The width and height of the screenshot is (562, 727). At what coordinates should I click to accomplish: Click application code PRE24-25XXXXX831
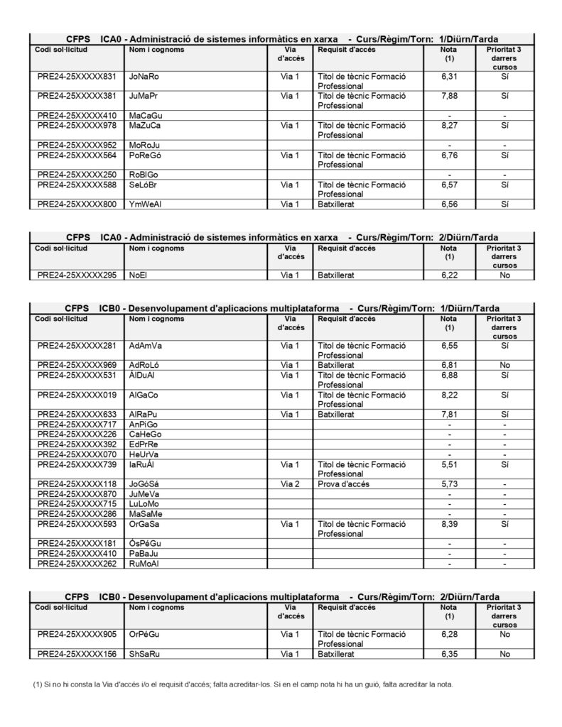point(76,76)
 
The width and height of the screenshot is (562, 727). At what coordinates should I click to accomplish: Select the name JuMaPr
point(144,95)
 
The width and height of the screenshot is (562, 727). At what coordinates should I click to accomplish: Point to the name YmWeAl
point(145,204)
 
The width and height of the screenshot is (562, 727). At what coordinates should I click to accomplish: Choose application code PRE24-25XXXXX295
point(76,274)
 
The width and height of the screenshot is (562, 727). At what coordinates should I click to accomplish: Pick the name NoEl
point(139,274)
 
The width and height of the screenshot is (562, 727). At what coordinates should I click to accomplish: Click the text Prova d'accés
point(342,483)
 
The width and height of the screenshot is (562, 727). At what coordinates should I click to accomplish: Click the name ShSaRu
point(144,654)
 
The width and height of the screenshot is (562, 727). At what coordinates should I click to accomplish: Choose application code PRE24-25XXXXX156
point(76,654)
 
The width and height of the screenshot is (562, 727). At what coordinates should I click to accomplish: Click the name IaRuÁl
point(142,464)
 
